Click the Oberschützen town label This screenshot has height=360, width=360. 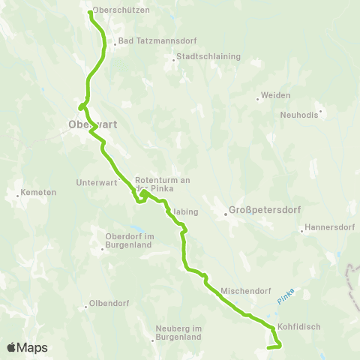click(122, 10)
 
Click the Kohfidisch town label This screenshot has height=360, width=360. click(299, 327)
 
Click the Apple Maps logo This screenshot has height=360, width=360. click(27, 347)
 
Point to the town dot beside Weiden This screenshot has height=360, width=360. click(257, 97)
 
